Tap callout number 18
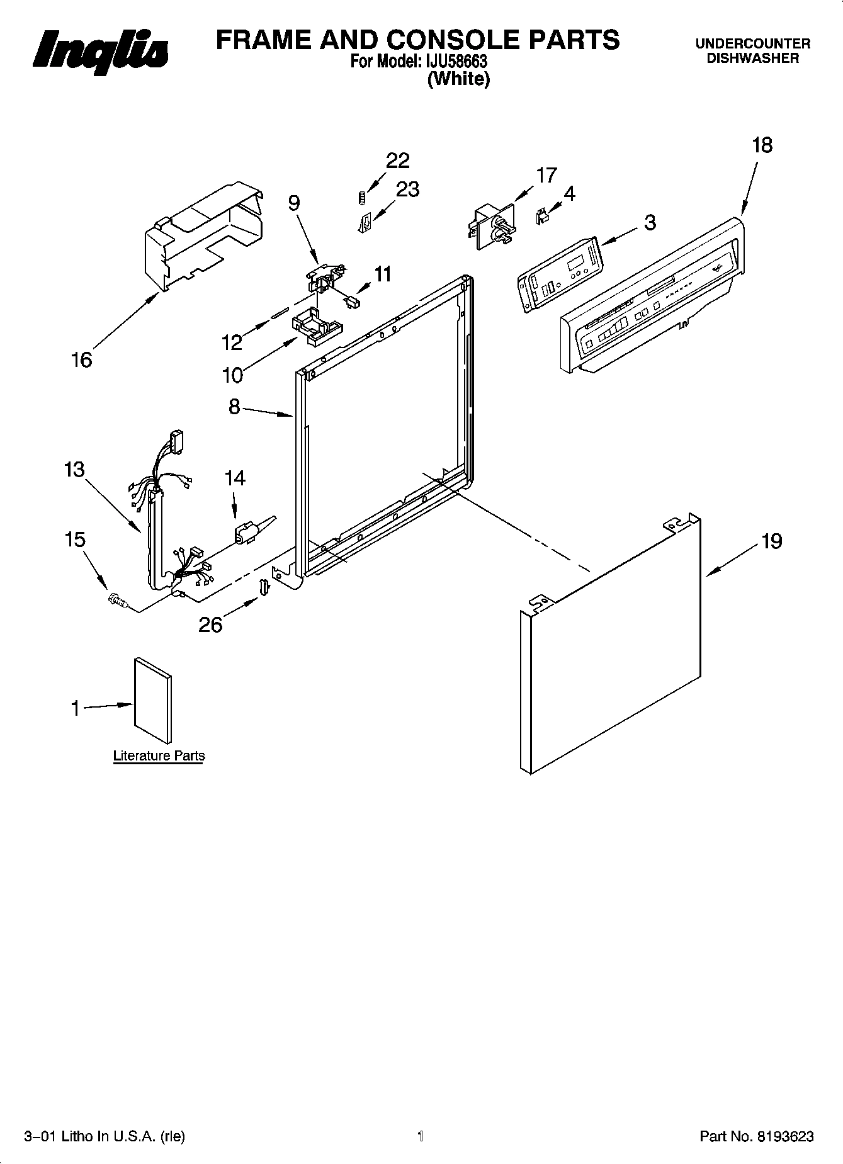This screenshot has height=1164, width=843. click(x=762, y=145)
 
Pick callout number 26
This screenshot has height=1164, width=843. click(x=210, y=624)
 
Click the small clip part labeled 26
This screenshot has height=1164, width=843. click(x=265, y=586)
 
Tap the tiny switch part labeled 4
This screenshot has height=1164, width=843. click(x=540, y=216)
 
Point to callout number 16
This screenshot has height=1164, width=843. click(x=82, y=360)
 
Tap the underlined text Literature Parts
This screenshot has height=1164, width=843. click(x=159, y=755)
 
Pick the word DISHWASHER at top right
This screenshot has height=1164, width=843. click(x=752, y=59)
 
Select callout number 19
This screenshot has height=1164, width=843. click(x=772, y=541)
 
